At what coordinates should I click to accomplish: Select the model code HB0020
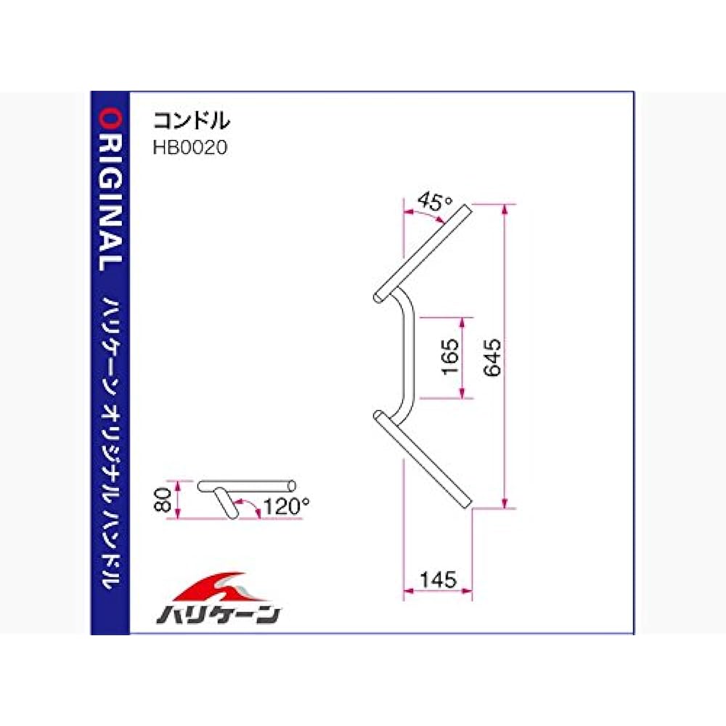(189, 147)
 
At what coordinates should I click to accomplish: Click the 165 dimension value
(449, 356)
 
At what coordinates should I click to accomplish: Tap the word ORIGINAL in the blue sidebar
(110, 190)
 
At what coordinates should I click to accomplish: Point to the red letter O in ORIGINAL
(110, 117)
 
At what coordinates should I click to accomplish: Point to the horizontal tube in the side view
(247, 484)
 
